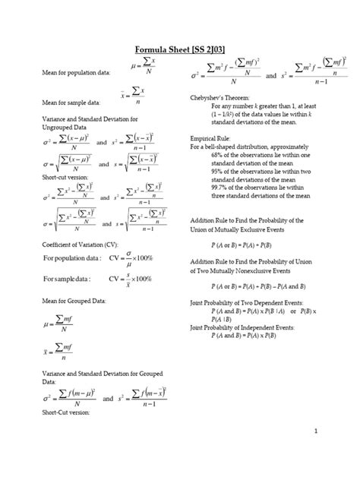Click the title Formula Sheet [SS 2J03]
[x=180, y=49]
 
